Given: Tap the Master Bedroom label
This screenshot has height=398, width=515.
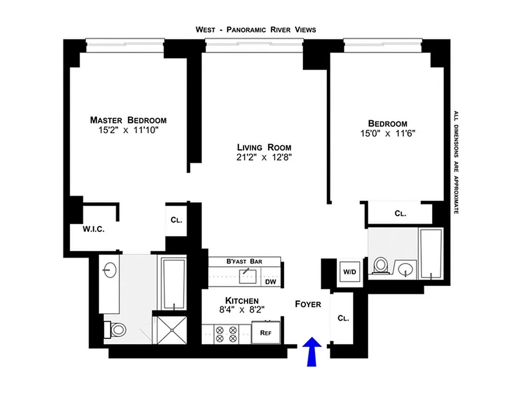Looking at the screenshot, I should pos(128,120).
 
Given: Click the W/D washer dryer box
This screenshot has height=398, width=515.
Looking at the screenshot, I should pos(349,272).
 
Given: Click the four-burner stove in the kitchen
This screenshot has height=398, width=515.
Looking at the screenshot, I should pos(226,334).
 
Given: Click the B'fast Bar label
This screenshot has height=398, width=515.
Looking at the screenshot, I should pos(244,261).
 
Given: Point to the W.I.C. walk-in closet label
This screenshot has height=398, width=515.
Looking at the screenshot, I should pos(93,229).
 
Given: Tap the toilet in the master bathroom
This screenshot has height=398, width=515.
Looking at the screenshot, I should pos(117,329).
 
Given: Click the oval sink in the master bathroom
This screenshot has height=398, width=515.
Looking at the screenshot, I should pos(109,270).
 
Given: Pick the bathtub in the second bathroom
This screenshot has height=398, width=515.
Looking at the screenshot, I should pos(430,254).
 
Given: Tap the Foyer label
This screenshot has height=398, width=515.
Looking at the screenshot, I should pos(308,304).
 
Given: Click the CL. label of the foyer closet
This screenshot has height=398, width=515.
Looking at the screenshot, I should pos(343,318).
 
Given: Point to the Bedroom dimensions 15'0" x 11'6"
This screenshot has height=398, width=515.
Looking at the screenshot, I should pos(387,133).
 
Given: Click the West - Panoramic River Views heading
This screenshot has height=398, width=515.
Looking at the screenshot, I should pos(256,30).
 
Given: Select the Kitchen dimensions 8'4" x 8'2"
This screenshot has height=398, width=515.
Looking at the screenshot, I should pos(242,309).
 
